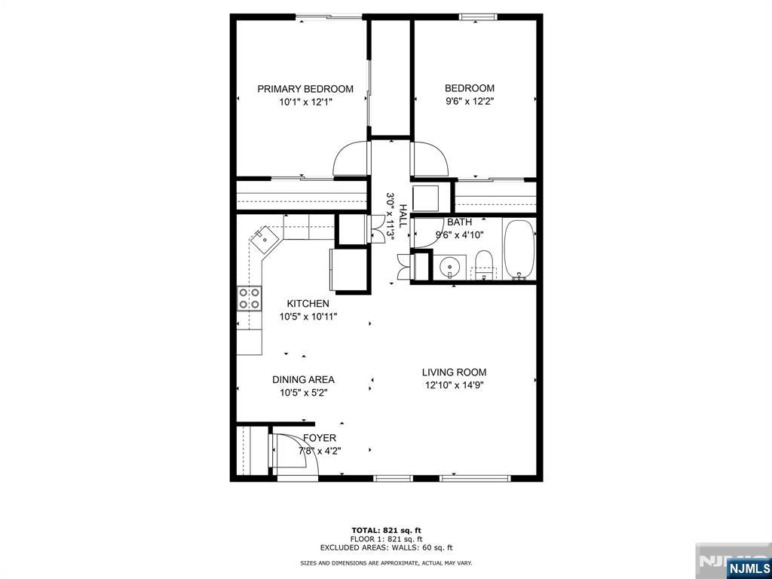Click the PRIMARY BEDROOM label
(305, 89)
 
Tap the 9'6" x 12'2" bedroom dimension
(469, 102)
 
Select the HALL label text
(403, 216)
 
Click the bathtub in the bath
(519, 250)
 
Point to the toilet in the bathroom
(484, 265)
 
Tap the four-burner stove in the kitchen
(249, 299)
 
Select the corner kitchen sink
(266, 240)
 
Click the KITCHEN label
(308, 304)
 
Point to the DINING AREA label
(303, 380)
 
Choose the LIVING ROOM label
(454, 372)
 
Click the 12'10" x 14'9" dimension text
(455, 385)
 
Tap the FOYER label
(320, 438)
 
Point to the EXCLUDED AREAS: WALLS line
(386, 547)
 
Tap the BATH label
(459, 222)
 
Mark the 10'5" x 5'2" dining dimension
(304, 393)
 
